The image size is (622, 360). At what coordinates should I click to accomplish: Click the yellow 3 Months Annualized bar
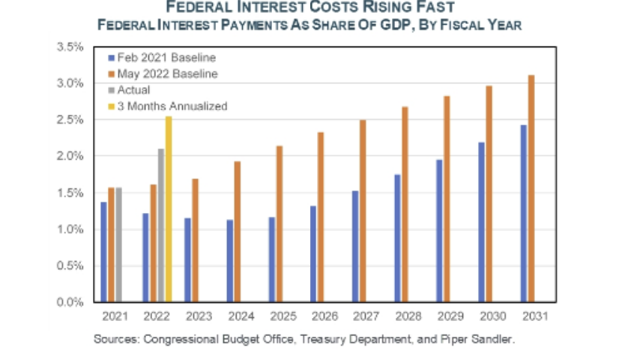[x=169, y=210]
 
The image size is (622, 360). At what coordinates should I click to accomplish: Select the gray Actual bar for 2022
[x=160, y=225]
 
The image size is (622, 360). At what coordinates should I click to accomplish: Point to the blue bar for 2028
[x=397, y=238]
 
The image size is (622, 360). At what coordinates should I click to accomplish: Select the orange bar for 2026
[x=321, y=217]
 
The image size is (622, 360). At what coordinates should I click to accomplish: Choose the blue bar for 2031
[x=523, y=214]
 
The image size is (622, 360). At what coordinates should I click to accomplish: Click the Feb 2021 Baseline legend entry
[x=157, y=58]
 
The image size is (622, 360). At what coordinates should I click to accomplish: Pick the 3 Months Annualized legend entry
[x=172, y=106]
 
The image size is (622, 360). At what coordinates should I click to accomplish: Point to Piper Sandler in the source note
[x=482, y=339]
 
